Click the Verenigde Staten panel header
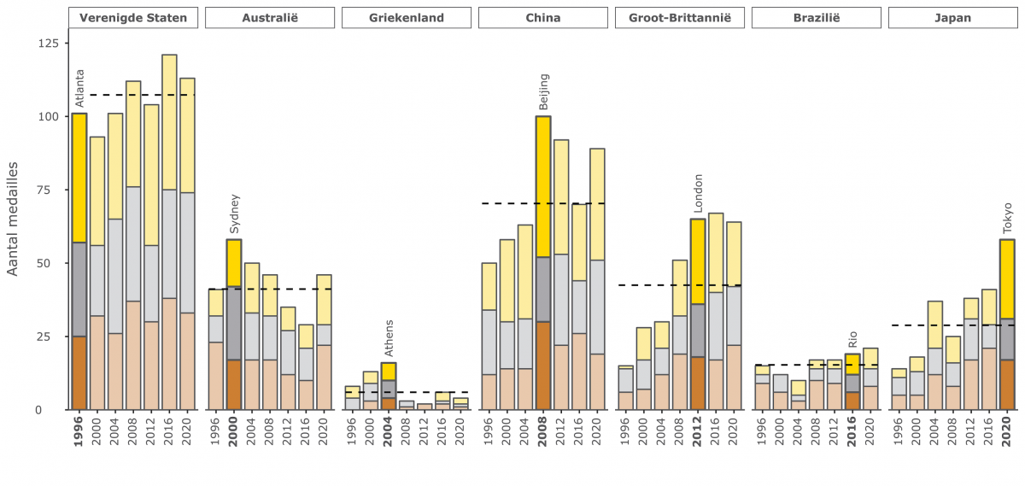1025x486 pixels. tap(133, 17)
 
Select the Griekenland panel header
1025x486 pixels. tap(406, 17)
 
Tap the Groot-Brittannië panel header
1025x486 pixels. tap(679, 17)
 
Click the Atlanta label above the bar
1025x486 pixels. tap(79, 89)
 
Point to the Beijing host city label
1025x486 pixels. tap(544, 91)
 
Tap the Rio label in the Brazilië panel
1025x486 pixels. tap(852, 339)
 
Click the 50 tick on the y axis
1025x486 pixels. tap(54, 263)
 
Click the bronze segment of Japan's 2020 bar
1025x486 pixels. tap(1008, 384)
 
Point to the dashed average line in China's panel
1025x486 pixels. tap(512, 203)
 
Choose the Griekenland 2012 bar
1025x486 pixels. tap(425, 407)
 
